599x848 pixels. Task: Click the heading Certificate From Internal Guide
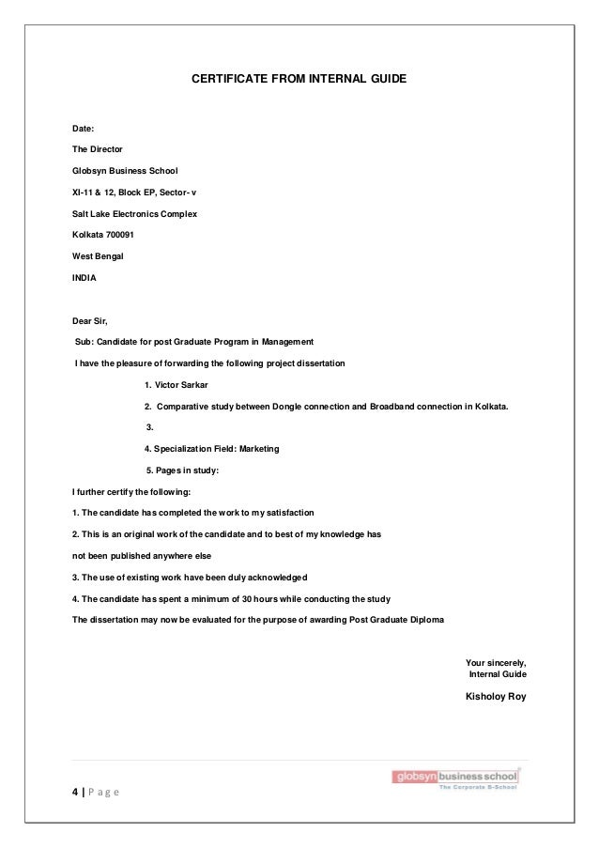coord(299,82)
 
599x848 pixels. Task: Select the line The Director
coord(97,149)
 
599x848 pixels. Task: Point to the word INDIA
coord(84,278)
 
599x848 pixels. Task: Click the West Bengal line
coord(98,255)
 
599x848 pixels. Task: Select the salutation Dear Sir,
coord(90,321)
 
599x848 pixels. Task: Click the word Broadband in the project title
coord(403,407)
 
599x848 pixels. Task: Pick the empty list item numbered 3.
coord(150,427)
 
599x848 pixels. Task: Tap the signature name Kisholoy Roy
coord(496,696)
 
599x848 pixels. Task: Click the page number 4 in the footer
coord(75,791)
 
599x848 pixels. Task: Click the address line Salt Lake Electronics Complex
coord(134,213)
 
